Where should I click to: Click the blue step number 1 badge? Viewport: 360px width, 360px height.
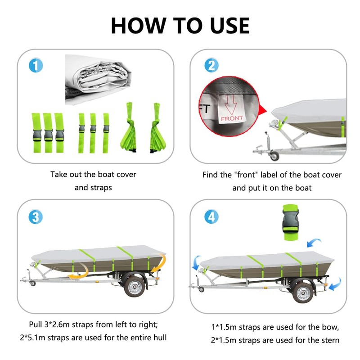36,65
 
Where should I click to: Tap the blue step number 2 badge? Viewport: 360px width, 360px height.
211,65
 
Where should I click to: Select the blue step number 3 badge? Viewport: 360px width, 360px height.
36,217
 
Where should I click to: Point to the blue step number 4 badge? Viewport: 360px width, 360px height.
211,216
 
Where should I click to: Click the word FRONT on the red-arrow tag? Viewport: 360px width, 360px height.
232,118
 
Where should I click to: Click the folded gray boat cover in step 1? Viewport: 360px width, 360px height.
98,80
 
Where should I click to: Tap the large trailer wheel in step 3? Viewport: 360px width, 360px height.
135,287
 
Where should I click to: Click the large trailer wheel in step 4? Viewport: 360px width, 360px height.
303,293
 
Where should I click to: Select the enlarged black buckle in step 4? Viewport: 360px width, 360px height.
290,221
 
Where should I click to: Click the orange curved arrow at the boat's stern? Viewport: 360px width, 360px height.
159,262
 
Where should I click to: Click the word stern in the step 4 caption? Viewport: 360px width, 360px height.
328,340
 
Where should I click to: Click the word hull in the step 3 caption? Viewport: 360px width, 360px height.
160,337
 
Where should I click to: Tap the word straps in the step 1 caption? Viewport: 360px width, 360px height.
101,188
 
